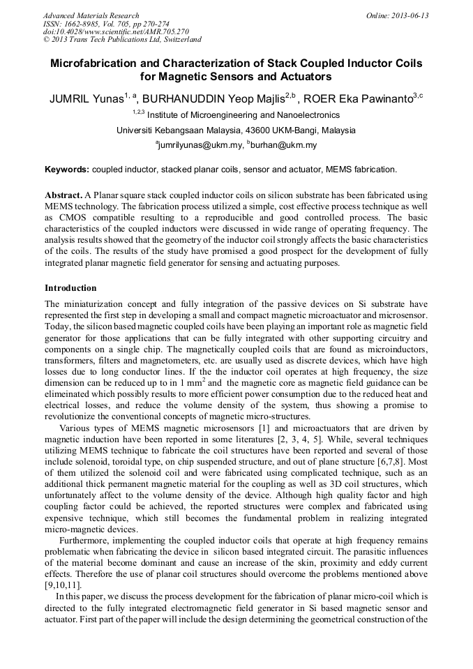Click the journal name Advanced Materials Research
91,15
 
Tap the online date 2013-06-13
409,15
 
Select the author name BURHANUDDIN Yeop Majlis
215,98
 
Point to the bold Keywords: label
67,170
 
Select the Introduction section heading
70,288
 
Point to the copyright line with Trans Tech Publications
122,40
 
